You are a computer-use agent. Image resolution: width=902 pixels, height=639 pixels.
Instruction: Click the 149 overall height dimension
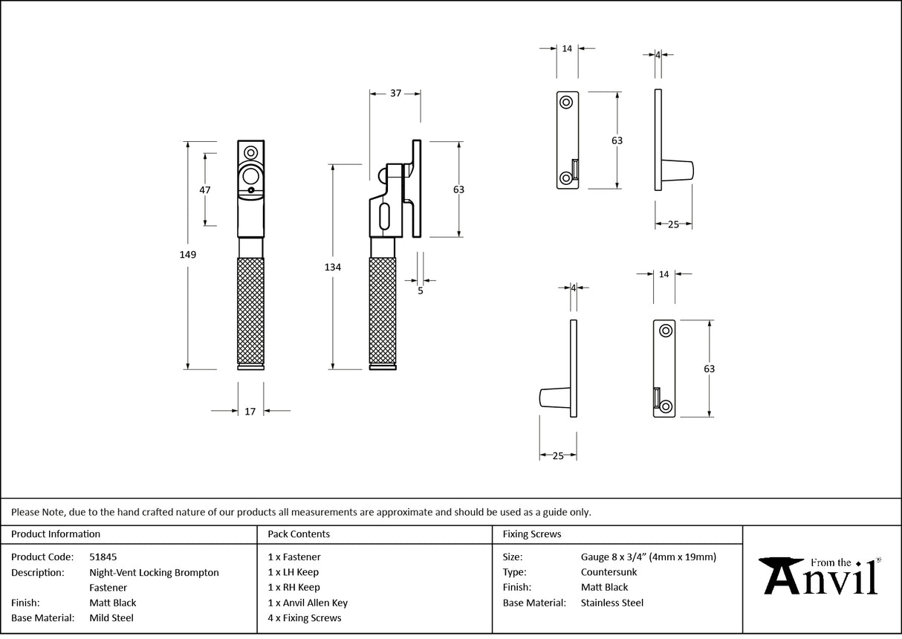point(187,255)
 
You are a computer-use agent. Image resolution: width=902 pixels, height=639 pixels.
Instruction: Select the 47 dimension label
point(205,189)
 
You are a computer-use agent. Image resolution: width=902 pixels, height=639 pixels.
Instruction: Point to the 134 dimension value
point(333,267)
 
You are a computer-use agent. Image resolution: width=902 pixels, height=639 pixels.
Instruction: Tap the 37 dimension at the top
point(395,93)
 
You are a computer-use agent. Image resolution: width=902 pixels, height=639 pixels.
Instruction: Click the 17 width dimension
point(250,411)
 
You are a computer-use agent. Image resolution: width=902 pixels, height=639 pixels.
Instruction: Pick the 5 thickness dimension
point(421,291)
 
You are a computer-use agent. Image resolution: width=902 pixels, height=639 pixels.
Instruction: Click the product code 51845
point(103,557)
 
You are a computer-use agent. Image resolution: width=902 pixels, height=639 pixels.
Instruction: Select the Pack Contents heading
point(299,533)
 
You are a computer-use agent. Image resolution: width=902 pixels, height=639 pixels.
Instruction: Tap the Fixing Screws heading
point(532,533)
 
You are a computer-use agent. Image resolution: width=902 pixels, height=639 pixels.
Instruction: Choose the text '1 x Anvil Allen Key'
point(308,603)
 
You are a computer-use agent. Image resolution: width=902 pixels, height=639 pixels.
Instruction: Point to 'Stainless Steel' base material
point(612,603)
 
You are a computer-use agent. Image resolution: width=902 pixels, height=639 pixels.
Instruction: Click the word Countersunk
point(609,572)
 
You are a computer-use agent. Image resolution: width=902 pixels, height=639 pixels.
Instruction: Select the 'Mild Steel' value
point(111,617)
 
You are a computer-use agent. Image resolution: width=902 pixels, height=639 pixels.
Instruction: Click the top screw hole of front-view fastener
point(251,152)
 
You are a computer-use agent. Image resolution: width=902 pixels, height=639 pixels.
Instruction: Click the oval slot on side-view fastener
point(383,218)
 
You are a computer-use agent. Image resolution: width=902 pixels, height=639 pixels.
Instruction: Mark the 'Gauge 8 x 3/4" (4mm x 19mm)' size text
point(649,557)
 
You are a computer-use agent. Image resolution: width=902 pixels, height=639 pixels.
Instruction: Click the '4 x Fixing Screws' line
point(305,617)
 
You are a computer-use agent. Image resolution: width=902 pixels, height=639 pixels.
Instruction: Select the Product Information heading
point(56,533)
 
